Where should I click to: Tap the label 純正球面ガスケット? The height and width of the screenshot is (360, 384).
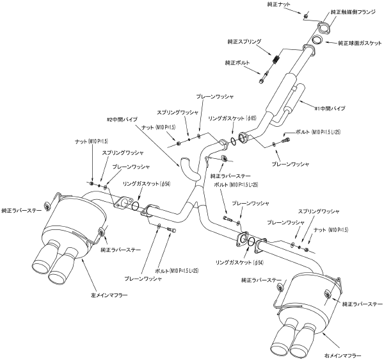point(361,43)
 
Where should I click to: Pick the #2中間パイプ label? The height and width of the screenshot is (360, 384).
point(122,119)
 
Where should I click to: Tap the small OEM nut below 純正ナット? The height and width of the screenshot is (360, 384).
point(306,14)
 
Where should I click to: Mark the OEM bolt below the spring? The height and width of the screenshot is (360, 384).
point(264,79)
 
